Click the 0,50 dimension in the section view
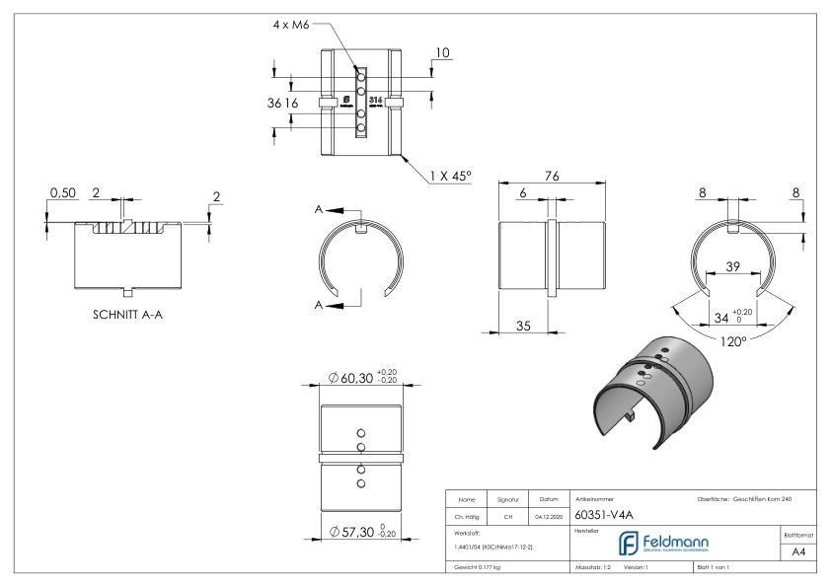tap(63, 193)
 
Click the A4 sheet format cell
tap(801, 554)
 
